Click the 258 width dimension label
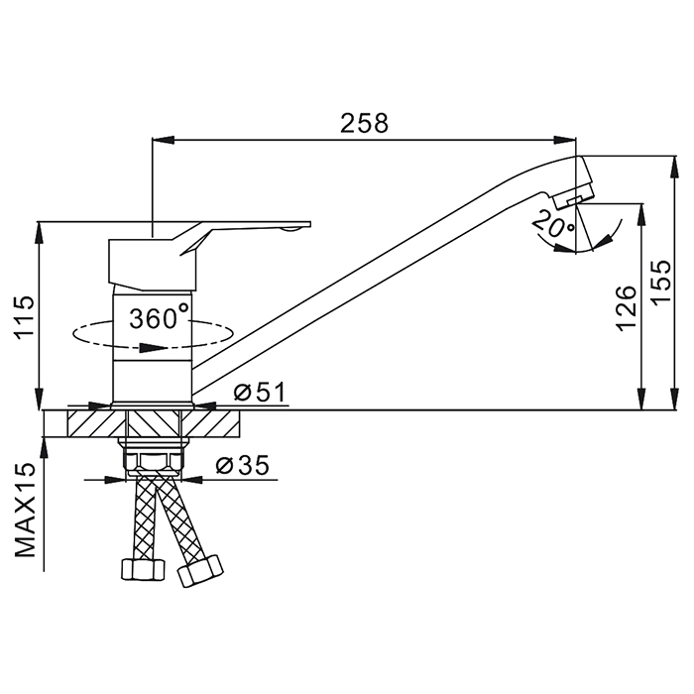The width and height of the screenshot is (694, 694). point(364,123)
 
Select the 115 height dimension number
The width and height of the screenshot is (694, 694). point(25,317)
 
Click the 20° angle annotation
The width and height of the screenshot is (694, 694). point(553,223)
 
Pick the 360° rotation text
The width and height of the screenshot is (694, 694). point(159,317)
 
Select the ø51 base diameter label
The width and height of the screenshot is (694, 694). point(260,393)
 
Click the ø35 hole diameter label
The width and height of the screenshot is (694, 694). point(243,465)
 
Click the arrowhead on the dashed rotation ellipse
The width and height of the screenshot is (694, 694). point(153,347)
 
